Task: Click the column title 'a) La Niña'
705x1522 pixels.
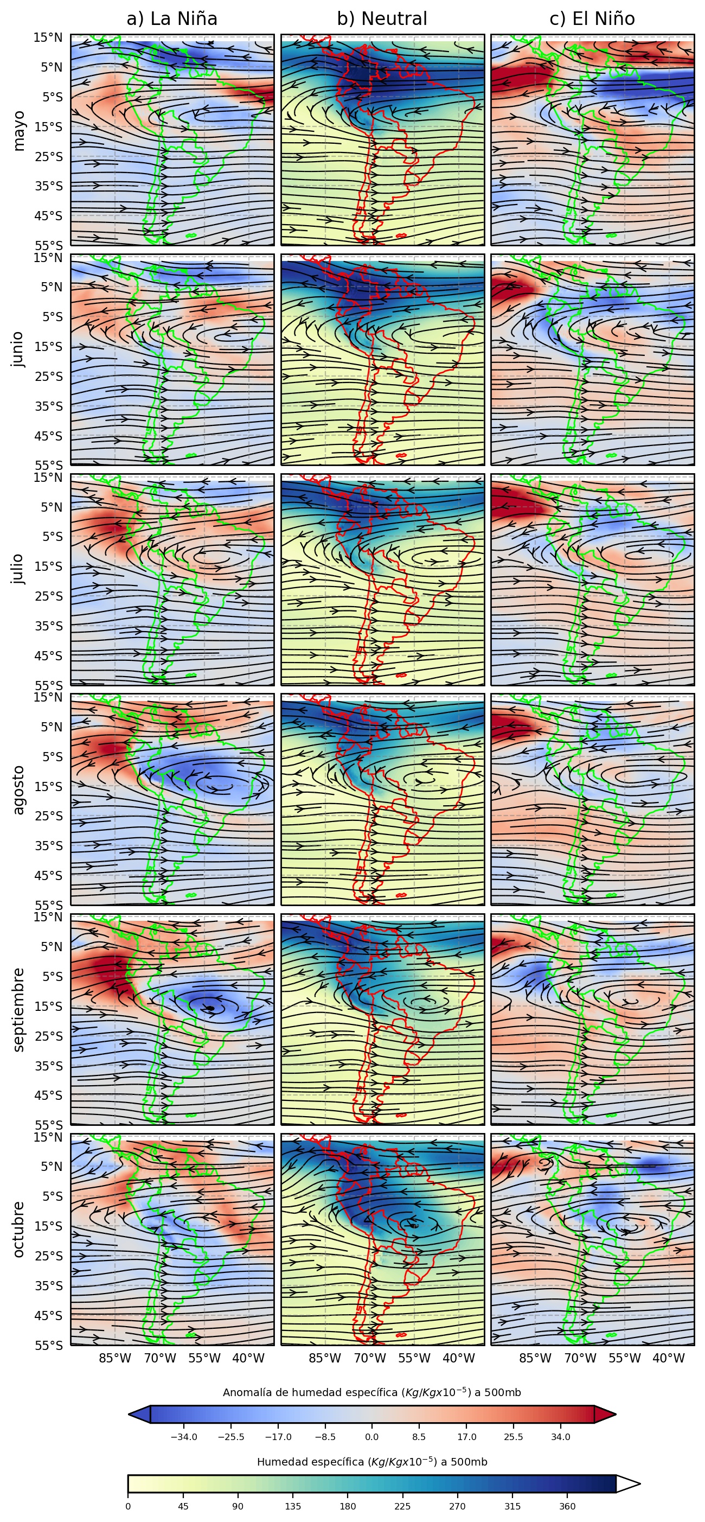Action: coord(172,19)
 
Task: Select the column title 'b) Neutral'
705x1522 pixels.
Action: coord(382,19)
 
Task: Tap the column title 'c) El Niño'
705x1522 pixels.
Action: coord(592,19)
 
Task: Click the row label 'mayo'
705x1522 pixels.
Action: coord(19,131)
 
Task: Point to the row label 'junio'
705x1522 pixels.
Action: coord(19,349)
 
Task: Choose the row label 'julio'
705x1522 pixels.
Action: coord(19,569)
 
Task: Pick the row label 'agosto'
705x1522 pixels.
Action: coord(19,789)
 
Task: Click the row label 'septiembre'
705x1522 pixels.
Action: coord(19,1010)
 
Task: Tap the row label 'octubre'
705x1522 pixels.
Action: coord(19,1230)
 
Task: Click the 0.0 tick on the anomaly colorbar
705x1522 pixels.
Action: coord(372,1437)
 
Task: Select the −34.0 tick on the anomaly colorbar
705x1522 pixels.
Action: coord(184,1437)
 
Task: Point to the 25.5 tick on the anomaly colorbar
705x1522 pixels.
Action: coord(513,1437)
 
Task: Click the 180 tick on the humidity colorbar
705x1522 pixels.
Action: coord(348,1506)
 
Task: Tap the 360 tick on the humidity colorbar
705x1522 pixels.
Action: coord(567,1506)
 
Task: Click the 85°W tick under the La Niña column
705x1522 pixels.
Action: coord(114,1358)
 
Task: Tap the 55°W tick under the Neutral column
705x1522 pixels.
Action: coord(414,1358)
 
